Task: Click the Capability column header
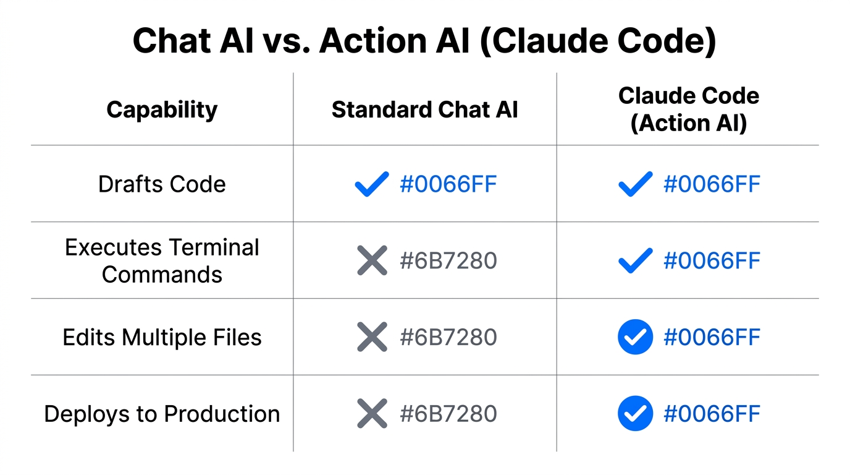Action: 162,109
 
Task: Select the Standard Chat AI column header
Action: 424,109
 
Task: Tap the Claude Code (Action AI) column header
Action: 688,109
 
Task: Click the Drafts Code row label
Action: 162,184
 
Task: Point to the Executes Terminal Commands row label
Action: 162,260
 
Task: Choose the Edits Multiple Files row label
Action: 162,337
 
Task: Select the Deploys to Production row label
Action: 162,414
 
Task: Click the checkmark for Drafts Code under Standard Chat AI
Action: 372,184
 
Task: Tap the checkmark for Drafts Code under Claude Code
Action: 635,184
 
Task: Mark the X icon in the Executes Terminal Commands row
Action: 372,260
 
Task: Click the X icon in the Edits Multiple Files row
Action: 372,337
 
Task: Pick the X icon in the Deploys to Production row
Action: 372,414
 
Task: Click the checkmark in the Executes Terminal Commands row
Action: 635,260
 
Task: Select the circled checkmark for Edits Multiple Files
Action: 635,337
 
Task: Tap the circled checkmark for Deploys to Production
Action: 635,414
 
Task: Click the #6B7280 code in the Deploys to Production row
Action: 448,414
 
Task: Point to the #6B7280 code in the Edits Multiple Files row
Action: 448,337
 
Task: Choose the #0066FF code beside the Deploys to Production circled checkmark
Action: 712,414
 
